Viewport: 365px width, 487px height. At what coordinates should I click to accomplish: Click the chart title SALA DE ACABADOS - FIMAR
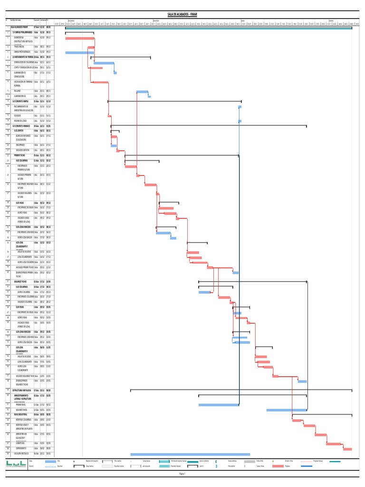tap(182, 15)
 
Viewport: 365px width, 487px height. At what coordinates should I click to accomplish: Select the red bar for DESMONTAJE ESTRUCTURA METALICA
tap(79, 39)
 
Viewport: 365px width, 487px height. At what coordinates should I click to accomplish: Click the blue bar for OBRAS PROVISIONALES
tap(79, 52)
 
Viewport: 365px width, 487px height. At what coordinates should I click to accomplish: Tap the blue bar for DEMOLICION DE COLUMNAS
tap(104, 63)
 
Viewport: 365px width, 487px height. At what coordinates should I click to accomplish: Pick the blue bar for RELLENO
tap(142, 92)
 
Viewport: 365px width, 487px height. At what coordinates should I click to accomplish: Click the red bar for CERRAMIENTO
tap(347, 449)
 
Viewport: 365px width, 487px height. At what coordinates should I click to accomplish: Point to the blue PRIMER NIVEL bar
tap(218, 405)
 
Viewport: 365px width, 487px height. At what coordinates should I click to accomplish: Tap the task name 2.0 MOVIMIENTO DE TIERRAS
tap(22, 57)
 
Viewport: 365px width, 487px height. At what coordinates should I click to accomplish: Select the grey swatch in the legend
tap(250, 461)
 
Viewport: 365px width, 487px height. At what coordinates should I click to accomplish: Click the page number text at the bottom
tap(182, 474)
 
